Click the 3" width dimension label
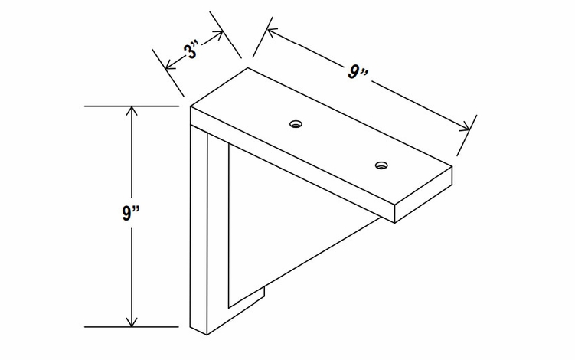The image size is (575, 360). coord(191,51)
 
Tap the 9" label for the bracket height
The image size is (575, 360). coord(131,213)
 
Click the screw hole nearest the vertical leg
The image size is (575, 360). coord(296,123)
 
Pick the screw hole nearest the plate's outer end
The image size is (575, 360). coord(382,165)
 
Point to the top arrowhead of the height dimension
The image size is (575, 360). coord(132,110)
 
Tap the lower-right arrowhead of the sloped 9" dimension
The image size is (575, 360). coord(465,126)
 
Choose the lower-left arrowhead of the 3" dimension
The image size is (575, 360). coord(170,66)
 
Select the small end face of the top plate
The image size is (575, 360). coord(423,195)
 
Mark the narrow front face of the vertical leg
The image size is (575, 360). coord(199,231)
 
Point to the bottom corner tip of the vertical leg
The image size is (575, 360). coord(207,335)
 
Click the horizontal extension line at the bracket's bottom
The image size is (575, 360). coord(132,326)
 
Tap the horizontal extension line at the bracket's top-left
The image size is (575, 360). coord(132,106)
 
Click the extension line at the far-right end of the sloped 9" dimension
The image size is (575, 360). coord(467,136)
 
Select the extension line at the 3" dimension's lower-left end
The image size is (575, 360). coord(168,73)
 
